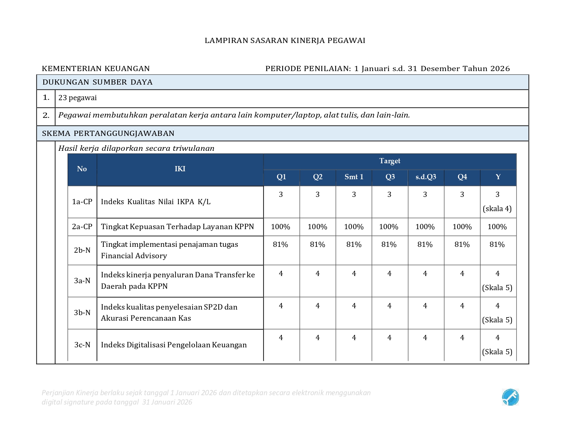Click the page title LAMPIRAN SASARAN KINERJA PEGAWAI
click(285, 41)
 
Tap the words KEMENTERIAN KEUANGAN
click(96, 69)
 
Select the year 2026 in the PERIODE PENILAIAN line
click(500, 69)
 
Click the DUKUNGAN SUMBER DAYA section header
click(97, 82)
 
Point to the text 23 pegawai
click(78, 98)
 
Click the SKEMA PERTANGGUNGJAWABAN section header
click(108, 133)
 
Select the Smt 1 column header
click(354, 177)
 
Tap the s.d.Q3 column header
click(426, 177)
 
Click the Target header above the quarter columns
click(390, 161)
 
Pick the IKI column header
click(180, 169)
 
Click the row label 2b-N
click(82, 250)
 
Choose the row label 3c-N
click(82, 345)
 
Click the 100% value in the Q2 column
click(317, 227)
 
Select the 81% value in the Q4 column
click(462, 244)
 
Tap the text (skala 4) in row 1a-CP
click(497, 209)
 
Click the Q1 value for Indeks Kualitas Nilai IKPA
click(281, 194)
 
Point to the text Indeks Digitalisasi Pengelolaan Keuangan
click(174, 345)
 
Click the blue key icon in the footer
click(510, 397)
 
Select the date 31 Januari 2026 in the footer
click(167, 402)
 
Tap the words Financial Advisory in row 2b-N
click(134, 256)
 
